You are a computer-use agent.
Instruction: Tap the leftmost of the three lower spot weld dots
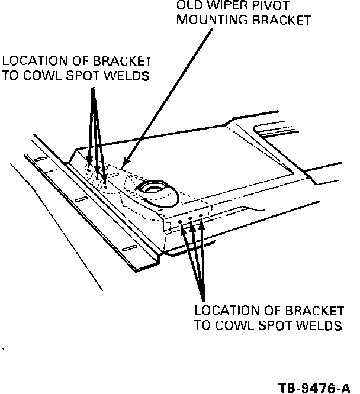click(180, 224)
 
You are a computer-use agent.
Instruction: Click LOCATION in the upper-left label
click(30, 61)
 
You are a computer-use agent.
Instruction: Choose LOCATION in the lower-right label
click(222, 311)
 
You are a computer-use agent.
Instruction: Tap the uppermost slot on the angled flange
click(40, 160)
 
